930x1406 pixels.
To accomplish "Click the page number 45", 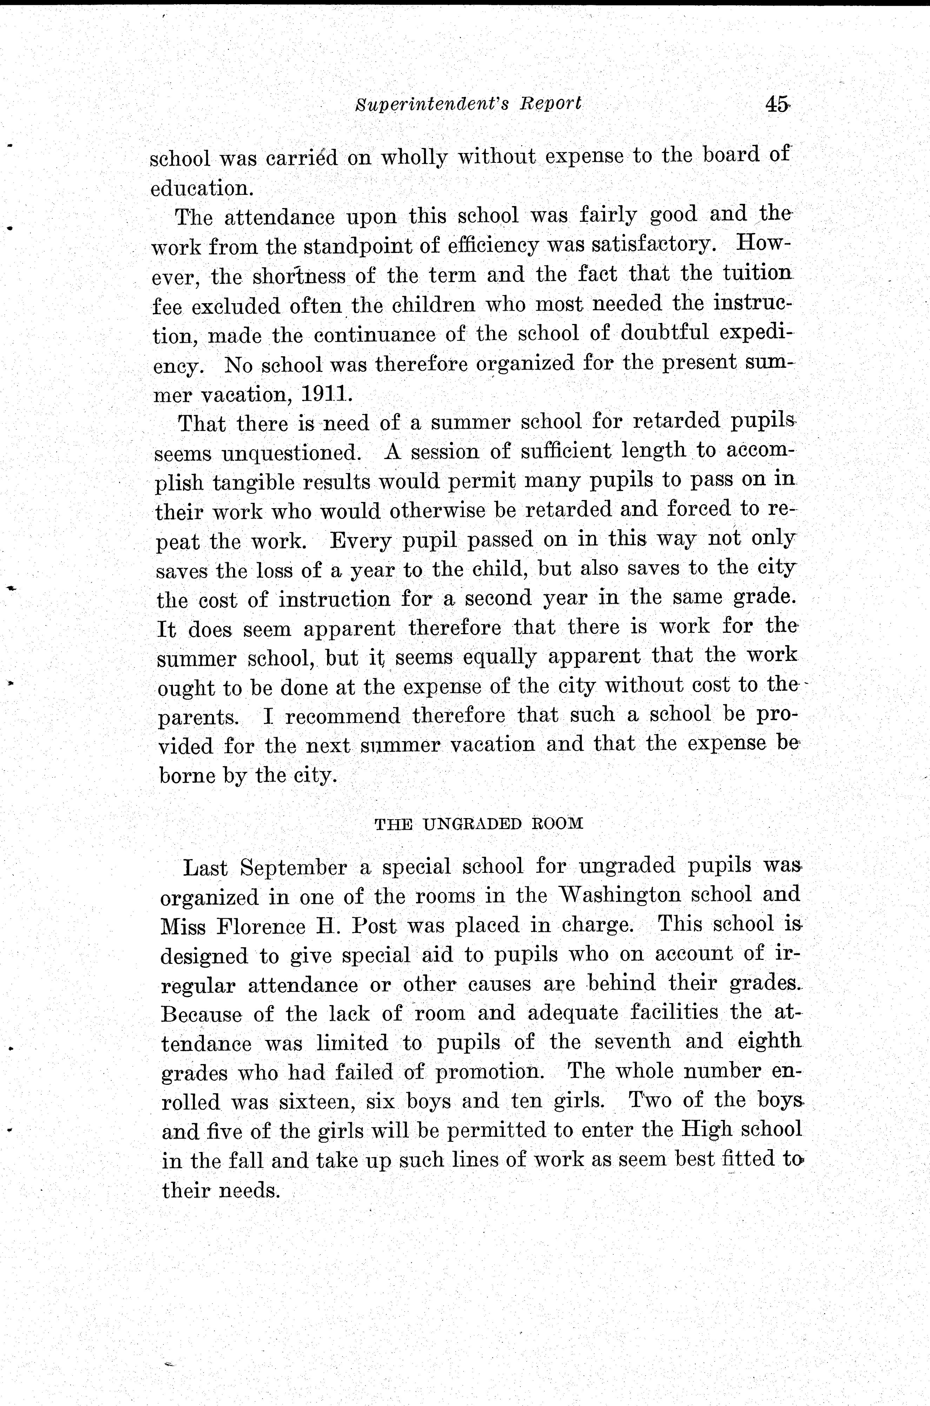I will click(x=777, y=104).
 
